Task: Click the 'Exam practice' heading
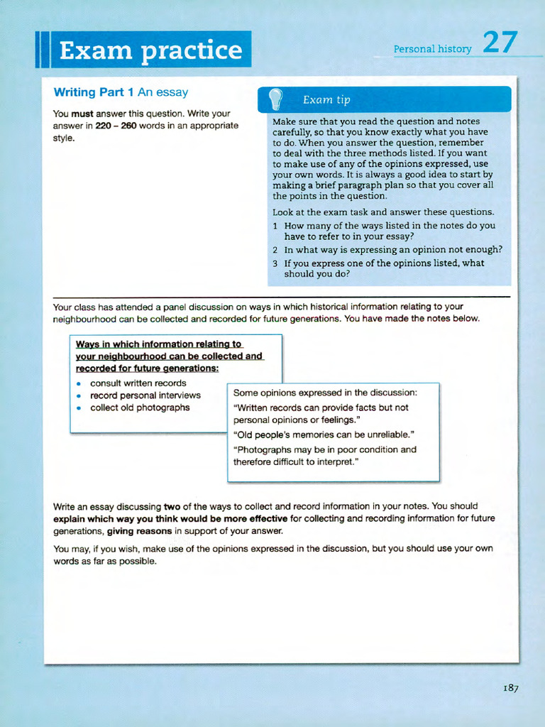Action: point(150,50)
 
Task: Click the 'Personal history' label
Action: point(432,49)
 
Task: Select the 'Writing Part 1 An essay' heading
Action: point(121,92)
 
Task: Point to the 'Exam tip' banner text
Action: point(326,100)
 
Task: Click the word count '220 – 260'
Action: point(116,126)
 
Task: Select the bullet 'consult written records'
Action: point(138,383)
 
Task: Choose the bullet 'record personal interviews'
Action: point(145,395)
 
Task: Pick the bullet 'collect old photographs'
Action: point(140,408)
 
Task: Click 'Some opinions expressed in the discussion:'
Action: point(325,393)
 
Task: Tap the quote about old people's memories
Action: point(324,434)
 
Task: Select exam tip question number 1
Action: point(275,226)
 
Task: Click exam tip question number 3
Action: point(275,263)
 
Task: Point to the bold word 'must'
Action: point(82,114)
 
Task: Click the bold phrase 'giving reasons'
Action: point(139,531)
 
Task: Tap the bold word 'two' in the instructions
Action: point(172,506)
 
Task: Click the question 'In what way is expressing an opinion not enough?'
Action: point(393,250)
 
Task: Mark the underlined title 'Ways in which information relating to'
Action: point(159,344)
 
